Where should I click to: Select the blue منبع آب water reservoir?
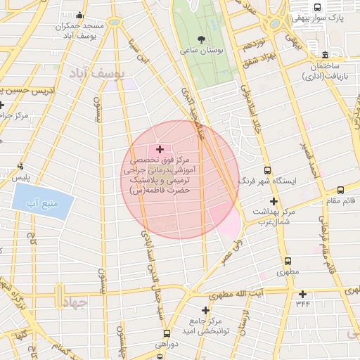click(42, 203)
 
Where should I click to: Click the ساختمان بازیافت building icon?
click(324, 55)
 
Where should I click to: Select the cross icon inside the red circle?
click(160, 148)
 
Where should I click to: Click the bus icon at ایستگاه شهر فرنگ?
click(266, 170)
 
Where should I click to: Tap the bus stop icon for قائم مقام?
click(340, 189)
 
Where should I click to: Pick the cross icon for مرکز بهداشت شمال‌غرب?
click(274, 201)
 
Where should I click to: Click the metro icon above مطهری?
click(285, 259)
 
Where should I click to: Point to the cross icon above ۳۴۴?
click(302, 294)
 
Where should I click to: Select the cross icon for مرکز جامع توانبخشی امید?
click(205, 309)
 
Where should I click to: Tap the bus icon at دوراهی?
click(166, 333)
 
